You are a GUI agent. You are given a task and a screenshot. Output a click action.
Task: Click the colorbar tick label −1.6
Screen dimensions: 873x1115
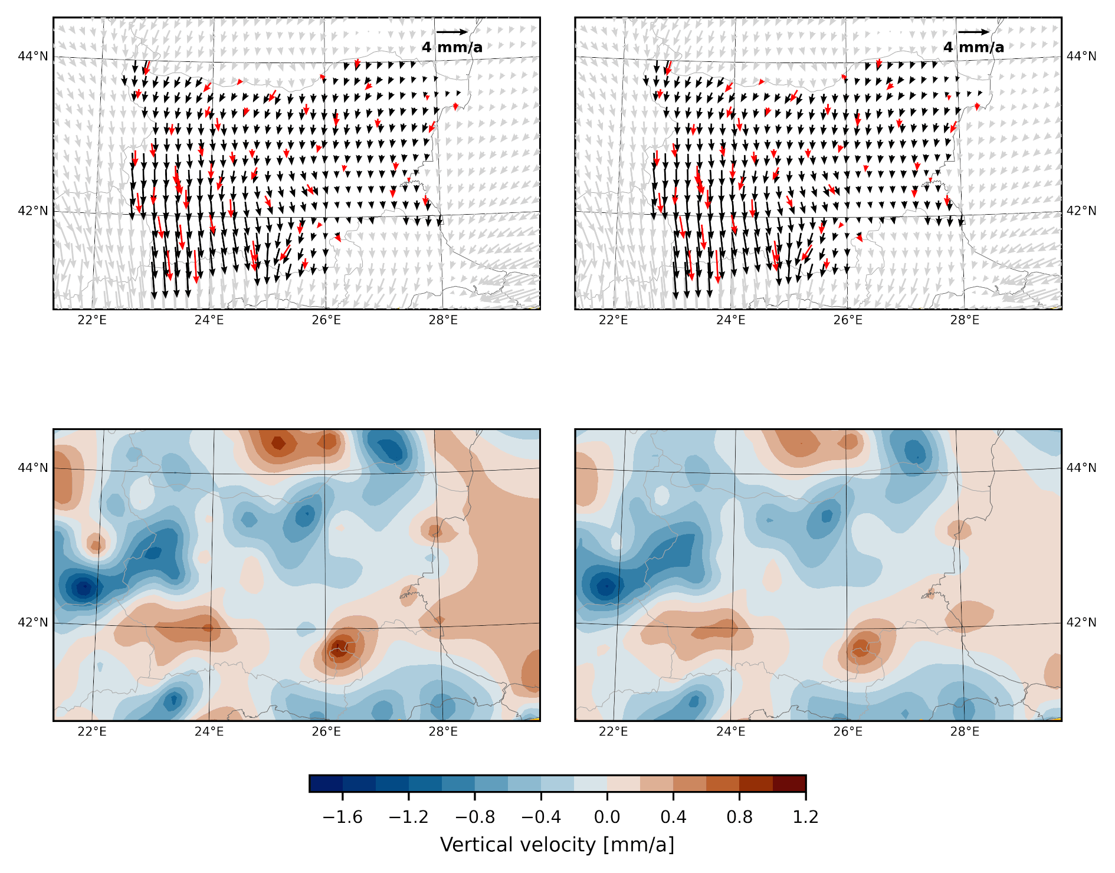pos(342,817)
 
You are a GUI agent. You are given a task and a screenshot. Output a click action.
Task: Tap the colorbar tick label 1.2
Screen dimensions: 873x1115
pos(805,817)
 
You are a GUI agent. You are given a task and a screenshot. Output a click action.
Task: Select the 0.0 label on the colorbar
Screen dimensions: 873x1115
pos(607,817)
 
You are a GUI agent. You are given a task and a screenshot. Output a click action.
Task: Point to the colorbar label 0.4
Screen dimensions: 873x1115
pos(673,817)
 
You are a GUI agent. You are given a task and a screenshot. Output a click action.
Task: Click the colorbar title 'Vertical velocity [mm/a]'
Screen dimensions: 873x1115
pos(557,845)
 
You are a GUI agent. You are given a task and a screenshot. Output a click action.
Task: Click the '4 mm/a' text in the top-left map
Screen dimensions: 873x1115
pos(452,47)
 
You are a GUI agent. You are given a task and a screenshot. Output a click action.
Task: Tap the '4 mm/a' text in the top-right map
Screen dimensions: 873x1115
pos(973,47)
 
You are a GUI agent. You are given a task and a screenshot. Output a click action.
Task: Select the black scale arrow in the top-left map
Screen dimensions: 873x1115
pos(452,32)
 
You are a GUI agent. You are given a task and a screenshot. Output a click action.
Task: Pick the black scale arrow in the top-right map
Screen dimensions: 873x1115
pos(973,32)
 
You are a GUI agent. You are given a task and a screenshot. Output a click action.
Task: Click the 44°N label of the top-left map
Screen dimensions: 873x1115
pos(33,56)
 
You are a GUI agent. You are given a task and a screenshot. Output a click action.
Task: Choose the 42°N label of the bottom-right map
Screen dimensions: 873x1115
pos(1081,622)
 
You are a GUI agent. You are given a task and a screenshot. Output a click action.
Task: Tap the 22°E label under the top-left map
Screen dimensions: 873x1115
pos(92,320)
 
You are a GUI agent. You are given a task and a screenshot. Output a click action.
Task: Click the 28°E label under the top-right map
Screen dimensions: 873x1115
pos(965,320)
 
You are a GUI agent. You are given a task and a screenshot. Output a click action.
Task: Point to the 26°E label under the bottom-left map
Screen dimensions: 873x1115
pos(326,732)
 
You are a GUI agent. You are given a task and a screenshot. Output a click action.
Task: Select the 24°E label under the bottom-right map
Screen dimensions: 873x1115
pos(730,732)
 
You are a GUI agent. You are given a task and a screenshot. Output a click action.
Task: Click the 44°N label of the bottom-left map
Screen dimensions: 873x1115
pos(33,468)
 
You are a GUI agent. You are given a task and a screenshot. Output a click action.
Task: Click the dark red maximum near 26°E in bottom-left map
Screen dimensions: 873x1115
pos(339,649)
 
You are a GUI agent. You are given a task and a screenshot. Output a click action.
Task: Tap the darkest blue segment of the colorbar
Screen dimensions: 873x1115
pos(326,783)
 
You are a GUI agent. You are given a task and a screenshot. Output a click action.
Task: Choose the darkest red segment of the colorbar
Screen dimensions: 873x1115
pos(789,783)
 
